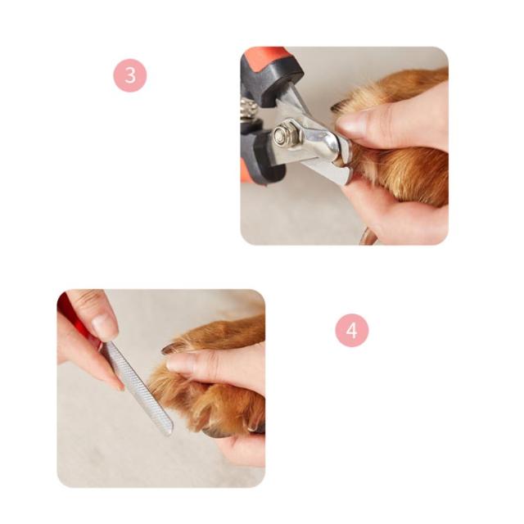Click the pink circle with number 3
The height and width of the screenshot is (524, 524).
tap(130, 75)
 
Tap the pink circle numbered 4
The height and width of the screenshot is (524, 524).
tap(351, 330)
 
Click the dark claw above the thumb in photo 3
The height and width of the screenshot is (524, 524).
tap(338, 107)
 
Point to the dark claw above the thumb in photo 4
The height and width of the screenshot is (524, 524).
tap(171, 349)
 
